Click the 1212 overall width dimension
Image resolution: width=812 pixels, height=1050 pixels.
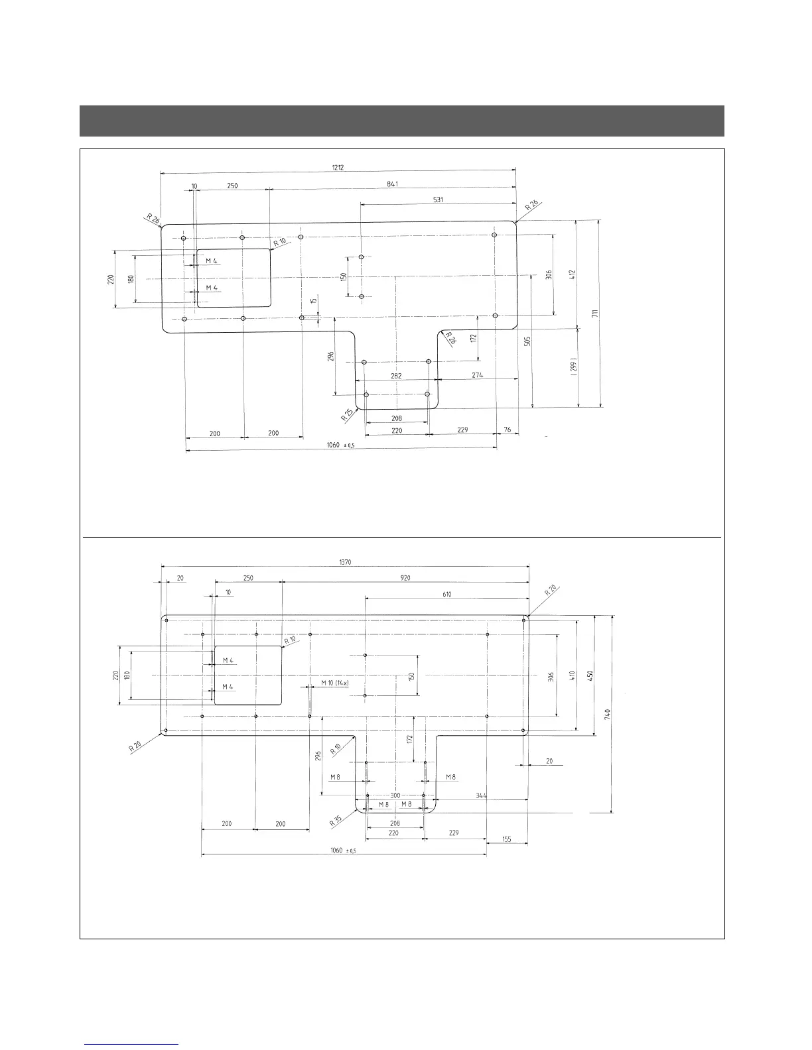338,168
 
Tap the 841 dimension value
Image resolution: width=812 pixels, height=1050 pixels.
392,184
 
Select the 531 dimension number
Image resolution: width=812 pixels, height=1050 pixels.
438,199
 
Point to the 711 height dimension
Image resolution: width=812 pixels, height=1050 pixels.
595,314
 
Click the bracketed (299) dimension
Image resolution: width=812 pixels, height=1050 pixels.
574,367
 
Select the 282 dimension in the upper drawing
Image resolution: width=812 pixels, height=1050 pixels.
396,376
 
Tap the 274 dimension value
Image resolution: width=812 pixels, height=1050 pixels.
477,375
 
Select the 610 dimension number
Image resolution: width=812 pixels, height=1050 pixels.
446,595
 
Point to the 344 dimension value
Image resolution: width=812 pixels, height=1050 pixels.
482,795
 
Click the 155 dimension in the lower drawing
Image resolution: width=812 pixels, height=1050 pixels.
507,839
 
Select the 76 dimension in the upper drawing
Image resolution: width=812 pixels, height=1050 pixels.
507,430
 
